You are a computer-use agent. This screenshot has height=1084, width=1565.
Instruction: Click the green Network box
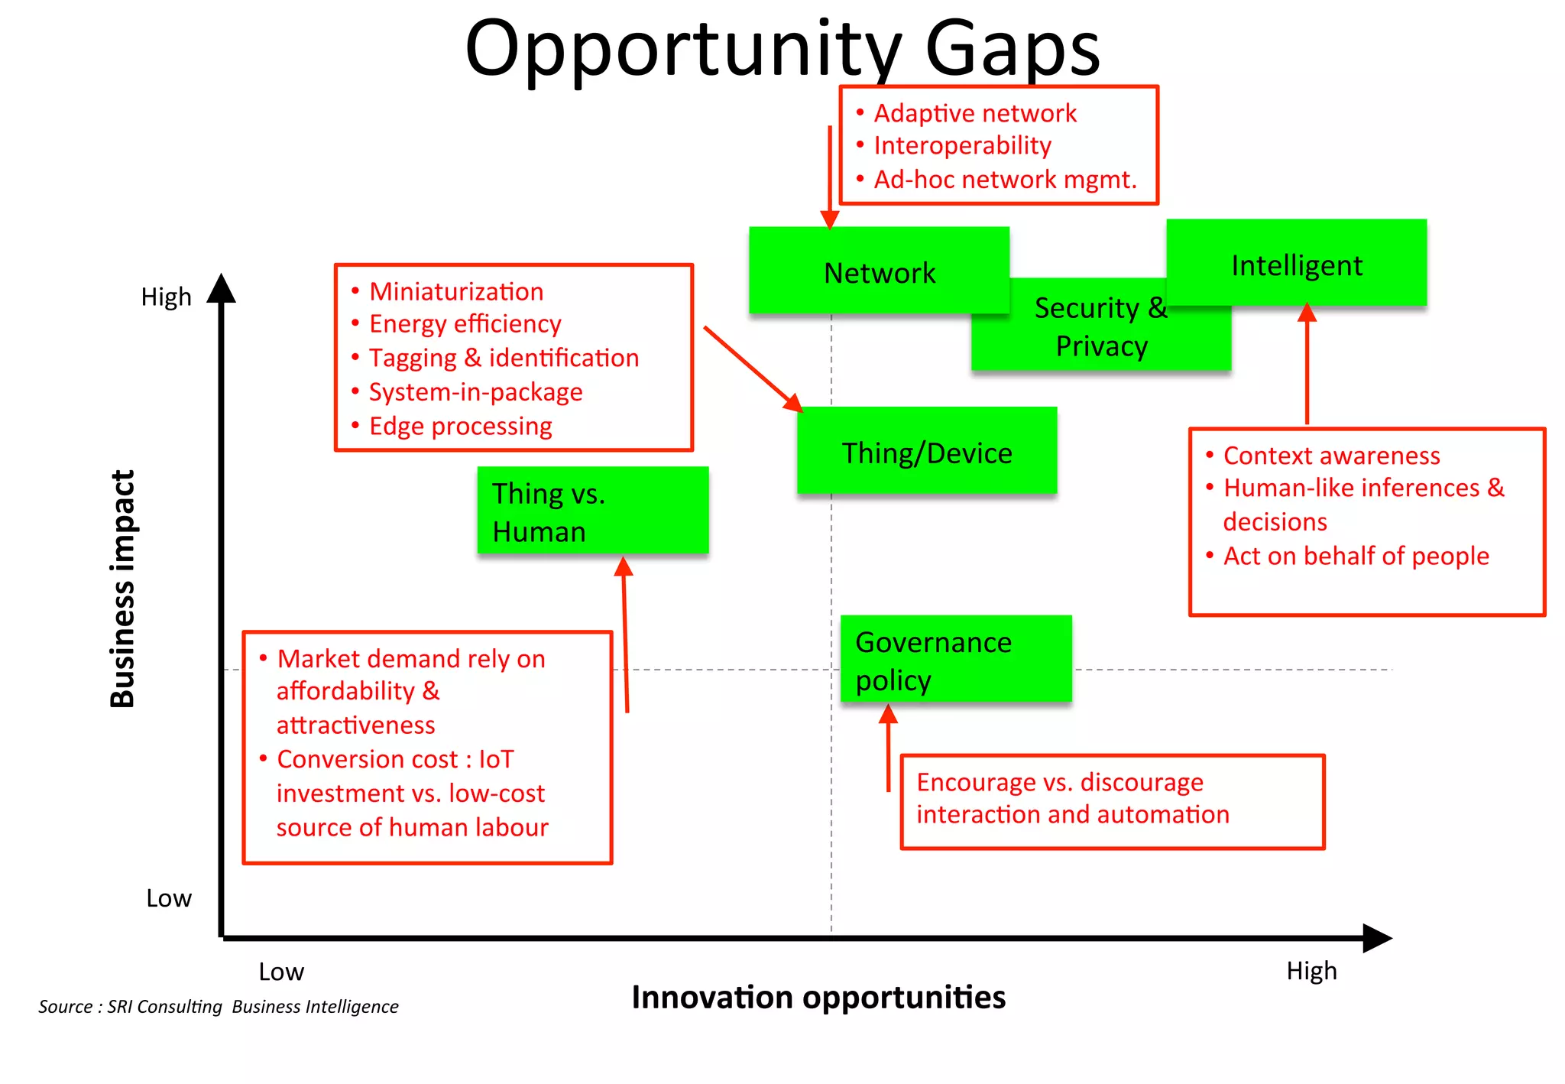pos(879,271)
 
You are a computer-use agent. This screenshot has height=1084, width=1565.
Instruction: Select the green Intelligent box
pos(1296,264)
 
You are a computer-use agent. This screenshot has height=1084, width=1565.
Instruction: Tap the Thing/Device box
pos(926,452)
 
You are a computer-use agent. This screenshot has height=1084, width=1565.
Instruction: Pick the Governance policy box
pos(955,659)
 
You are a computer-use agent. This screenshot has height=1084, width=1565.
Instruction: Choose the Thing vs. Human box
pos(592,511)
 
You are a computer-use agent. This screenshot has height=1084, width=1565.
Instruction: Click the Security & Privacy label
pos(1101,327)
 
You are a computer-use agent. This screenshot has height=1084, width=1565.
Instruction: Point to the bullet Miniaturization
pos(456,291)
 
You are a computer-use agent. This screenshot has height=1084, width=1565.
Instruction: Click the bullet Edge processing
pos(460,426)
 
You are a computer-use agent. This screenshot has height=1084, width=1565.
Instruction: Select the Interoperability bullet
pos(962,145)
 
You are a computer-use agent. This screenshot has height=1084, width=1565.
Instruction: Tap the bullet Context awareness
pos(1331,456)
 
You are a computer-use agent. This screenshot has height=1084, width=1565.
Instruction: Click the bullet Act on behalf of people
pos(1356,556)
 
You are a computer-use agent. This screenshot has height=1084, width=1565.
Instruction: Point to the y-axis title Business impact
pos(123,589)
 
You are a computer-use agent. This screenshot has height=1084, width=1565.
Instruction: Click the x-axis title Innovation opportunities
pos(818,998)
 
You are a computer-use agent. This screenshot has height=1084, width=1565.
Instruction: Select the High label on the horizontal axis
pos(1311,971)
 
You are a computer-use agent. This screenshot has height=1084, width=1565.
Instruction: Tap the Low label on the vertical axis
pos(169,898)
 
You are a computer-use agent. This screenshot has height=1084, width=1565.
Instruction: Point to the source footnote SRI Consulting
pos(218,1007)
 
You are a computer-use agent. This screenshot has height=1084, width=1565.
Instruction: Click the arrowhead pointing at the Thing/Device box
pos(794,403)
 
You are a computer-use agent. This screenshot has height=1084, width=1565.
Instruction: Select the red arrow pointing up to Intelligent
pos(1307,367)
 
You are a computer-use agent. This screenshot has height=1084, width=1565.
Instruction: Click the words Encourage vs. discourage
pos(1059,782)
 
